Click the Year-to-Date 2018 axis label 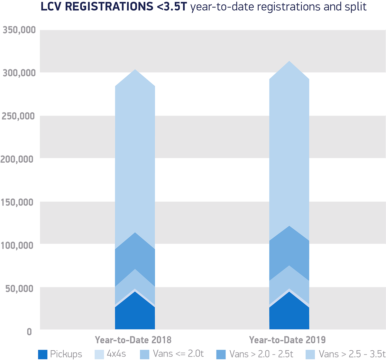coord(133,340)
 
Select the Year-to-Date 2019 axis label coord(287,340)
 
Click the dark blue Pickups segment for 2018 coord(135,314)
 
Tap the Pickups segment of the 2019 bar coord(289,314)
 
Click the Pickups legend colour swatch coord(43,354)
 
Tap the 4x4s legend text coord(116,354)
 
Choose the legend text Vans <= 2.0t coord(178,354)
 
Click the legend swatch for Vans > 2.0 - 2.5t coord(221,354)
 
